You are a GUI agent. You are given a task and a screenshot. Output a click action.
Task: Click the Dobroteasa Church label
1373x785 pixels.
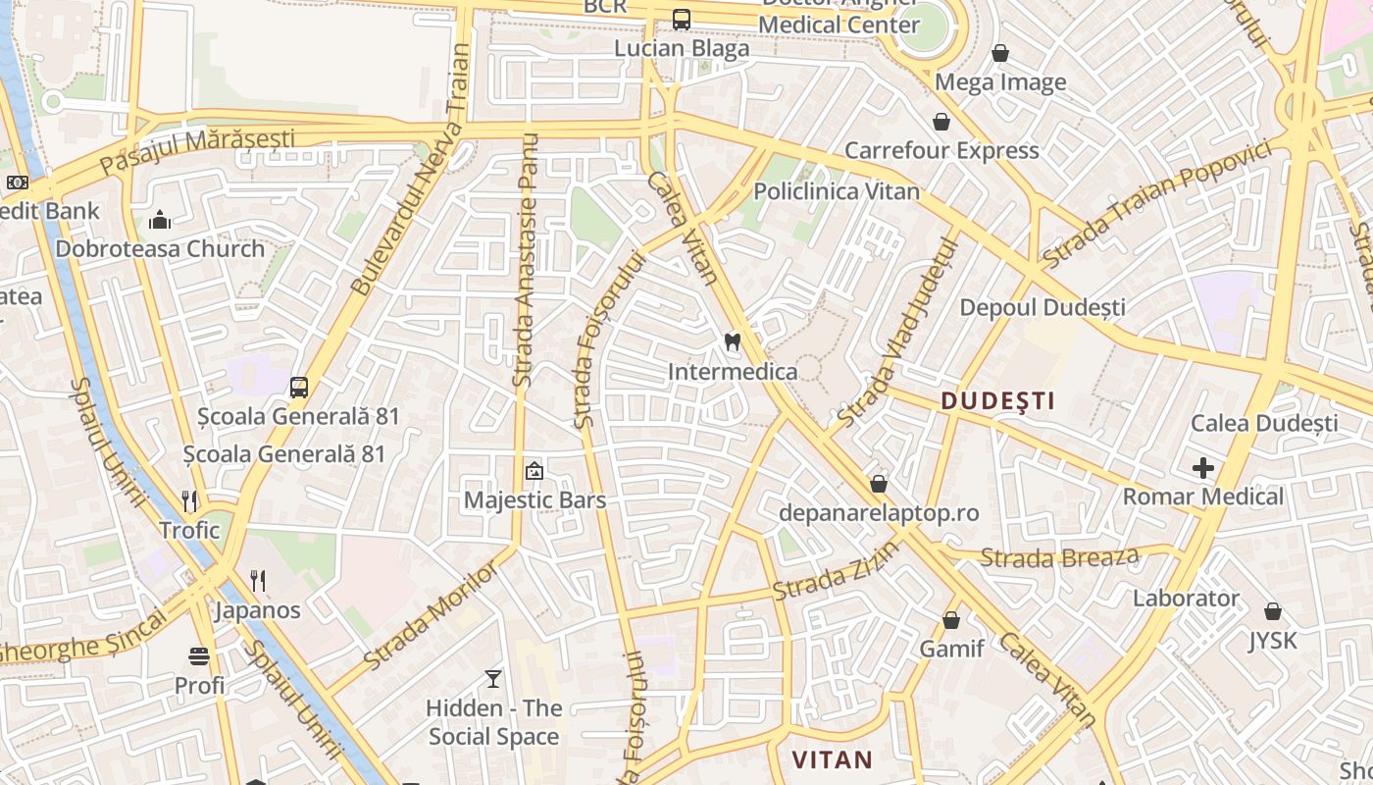coord(160,248)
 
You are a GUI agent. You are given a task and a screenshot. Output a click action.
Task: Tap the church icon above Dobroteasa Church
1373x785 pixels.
coord(160,220)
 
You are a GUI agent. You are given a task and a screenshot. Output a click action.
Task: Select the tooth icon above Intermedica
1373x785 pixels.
coord(731,342)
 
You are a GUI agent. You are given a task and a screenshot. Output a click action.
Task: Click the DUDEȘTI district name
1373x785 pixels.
coord(998,400)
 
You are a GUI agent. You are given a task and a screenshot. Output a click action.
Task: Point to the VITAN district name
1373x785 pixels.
coord(832,759)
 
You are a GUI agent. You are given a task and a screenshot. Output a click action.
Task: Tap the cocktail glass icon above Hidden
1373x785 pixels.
coord(493,678)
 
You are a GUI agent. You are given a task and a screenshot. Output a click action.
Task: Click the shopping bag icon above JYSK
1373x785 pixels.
coord(1272,611)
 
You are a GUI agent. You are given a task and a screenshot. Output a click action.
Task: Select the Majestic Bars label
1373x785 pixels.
coord(534,499)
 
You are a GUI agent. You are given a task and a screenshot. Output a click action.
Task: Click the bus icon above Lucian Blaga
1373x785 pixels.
coord(681,20)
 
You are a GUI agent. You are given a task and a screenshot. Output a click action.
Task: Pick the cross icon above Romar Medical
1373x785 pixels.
coord(1203,468)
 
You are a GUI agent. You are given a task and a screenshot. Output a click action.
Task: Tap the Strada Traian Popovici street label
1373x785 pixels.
coord(1157,204)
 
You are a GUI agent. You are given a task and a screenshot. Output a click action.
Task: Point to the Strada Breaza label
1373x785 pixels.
coord(1059,557)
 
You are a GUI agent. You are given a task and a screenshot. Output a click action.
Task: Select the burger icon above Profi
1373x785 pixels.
coord(199,655)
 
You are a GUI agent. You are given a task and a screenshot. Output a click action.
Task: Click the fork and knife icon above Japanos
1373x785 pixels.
coord(257,580)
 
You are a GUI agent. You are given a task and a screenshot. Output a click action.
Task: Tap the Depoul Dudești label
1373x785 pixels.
coord(1042,307)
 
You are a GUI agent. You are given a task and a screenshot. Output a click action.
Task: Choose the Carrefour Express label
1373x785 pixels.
coord(941,150)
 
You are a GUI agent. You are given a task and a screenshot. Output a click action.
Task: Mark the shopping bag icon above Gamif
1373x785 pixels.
coord(950,620)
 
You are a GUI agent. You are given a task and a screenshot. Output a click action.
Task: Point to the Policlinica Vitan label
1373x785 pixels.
coord(836,191)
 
